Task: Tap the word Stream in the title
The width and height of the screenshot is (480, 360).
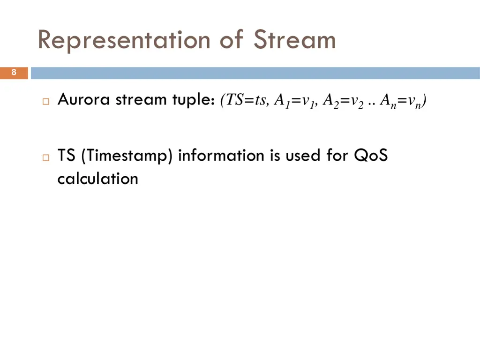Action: click(x=295, y=40)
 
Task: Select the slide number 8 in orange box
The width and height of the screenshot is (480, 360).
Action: click(x=14, y=73)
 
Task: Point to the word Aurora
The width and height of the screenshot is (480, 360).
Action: click(x=84, y=99)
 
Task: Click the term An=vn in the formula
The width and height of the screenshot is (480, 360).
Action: click(x=403, y=101)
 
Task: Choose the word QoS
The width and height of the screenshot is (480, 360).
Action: click(x=371, y=155)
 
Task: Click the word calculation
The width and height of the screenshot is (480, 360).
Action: click(x=97, y=179)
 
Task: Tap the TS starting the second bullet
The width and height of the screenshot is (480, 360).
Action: click(x=67, y=155)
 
